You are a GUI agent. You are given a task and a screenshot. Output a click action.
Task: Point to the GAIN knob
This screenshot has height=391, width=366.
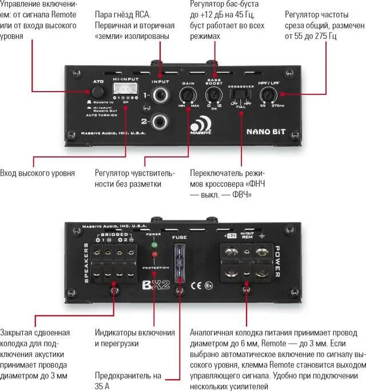click(189, 96)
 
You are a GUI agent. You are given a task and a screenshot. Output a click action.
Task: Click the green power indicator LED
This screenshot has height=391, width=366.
click(153, 246)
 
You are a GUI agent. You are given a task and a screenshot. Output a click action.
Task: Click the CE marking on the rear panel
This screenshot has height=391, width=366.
click(196, 283)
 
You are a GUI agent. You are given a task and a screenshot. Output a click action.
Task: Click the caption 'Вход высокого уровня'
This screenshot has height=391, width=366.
click(37, 173)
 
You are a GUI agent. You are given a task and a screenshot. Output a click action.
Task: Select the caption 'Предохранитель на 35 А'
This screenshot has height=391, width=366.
click(129, 381)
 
